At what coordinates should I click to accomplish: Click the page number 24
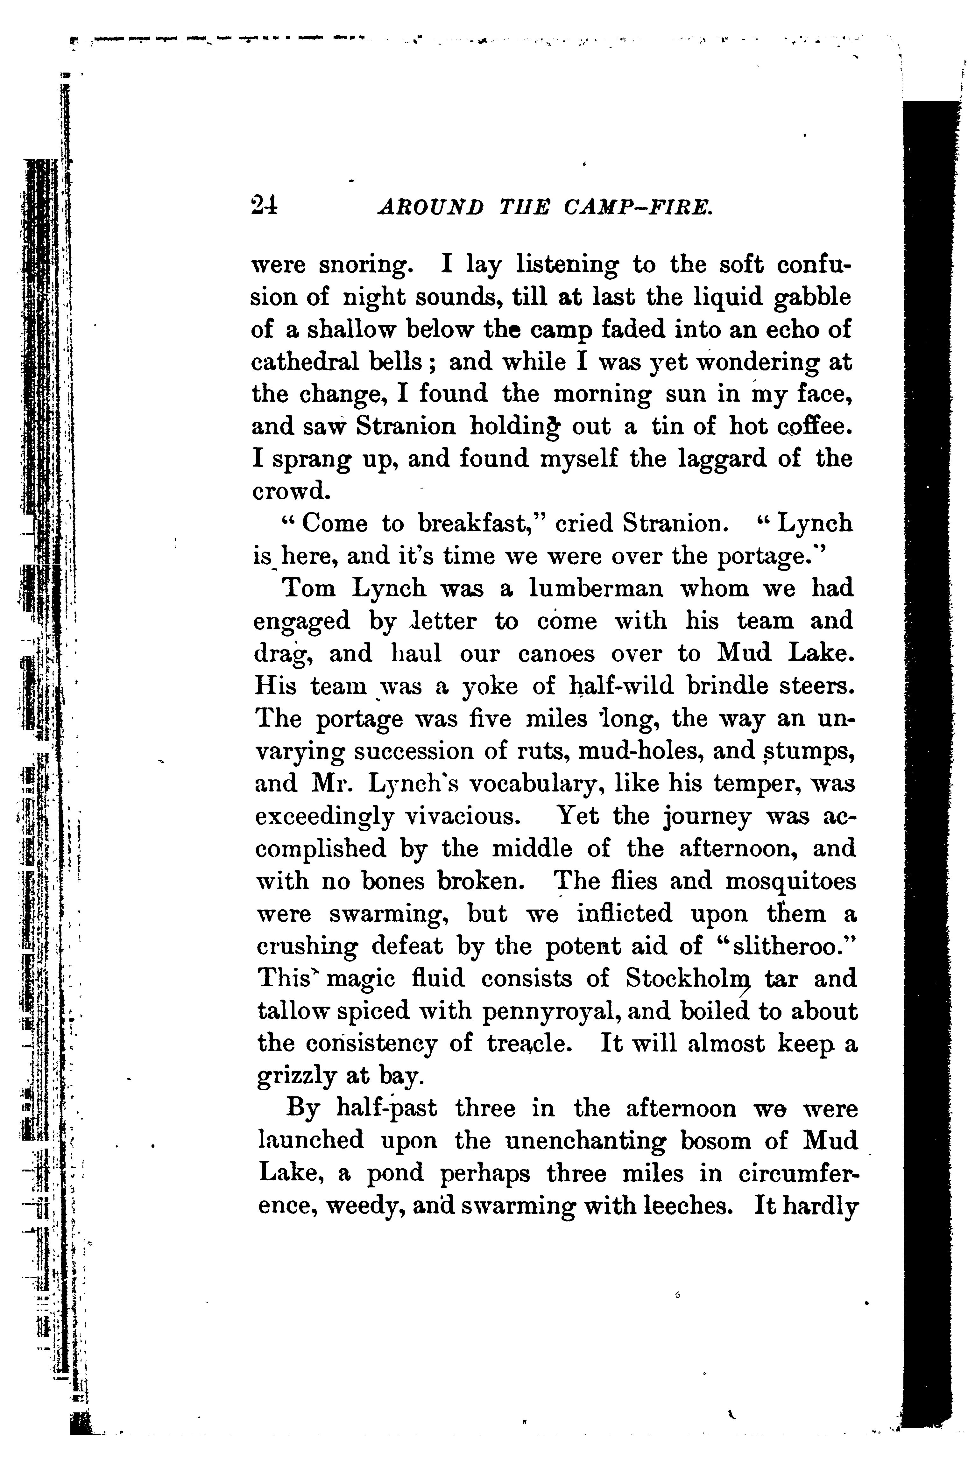pos(265,204)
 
